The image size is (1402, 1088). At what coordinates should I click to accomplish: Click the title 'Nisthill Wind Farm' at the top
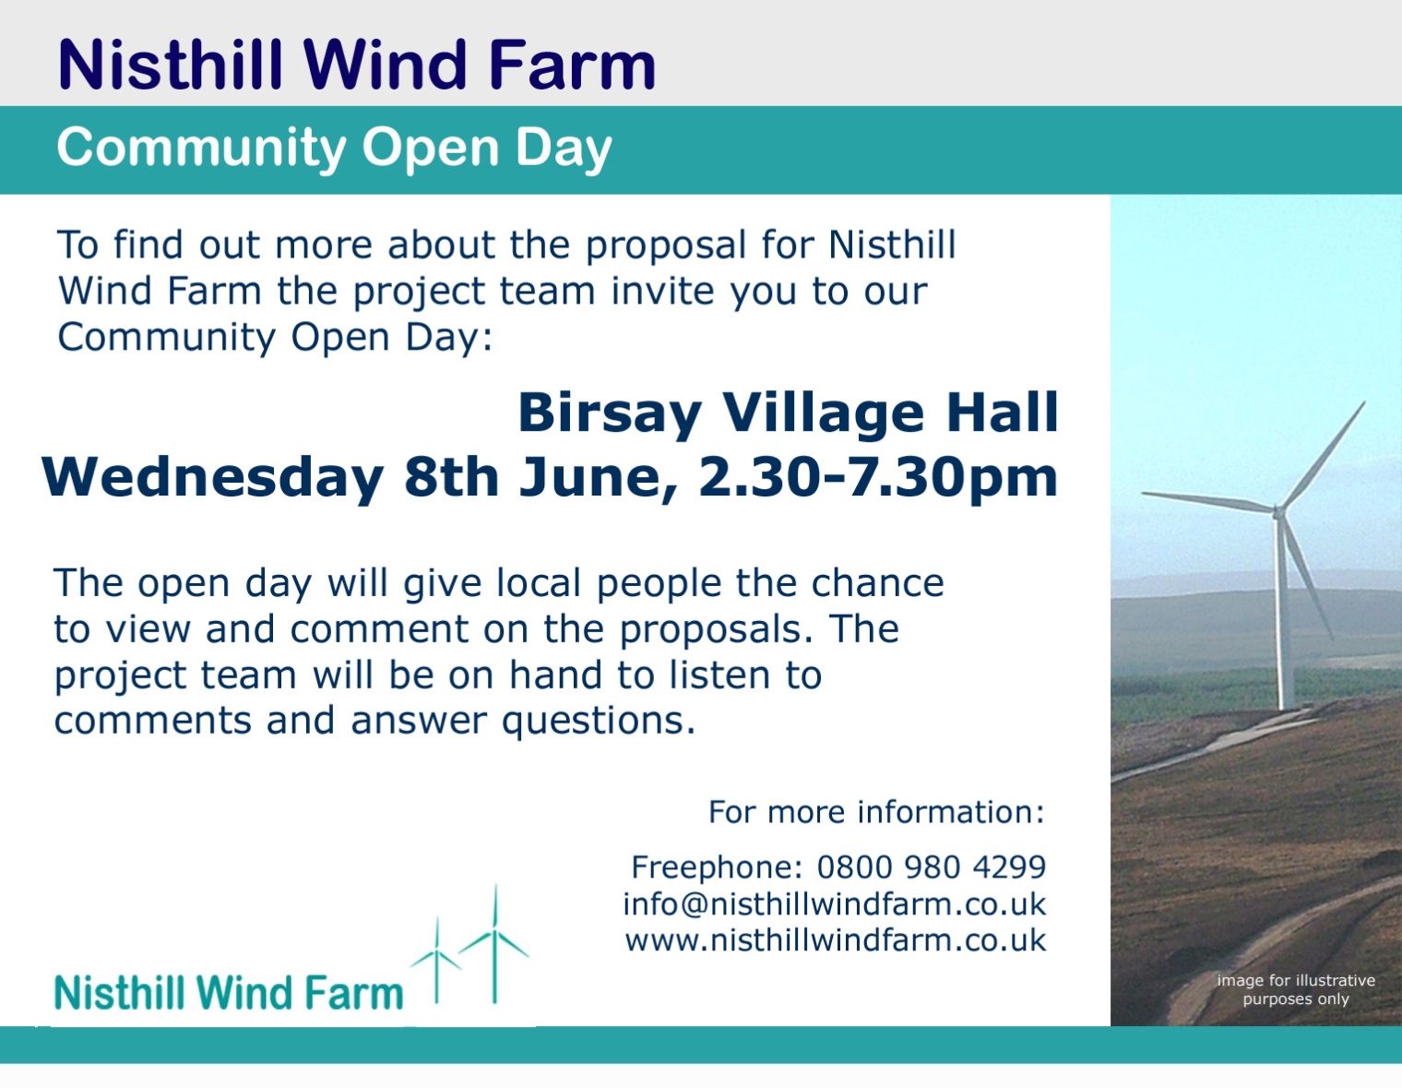click(357, 65)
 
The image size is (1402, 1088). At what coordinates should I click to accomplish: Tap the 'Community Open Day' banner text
click(334, 149)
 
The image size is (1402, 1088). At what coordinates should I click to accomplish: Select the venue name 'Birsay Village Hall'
click(788, 413)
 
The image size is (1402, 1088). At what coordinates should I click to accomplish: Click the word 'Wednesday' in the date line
click(212, 477)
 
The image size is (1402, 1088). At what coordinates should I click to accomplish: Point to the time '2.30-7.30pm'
click(877, 477)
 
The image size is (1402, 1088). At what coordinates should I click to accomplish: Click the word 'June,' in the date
click(598, 477)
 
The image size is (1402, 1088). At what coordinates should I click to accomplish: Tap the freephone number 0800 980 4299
click(931, 867)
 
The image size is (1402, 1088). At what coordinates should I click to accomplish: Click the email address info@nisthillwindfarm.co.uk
click(834, 904)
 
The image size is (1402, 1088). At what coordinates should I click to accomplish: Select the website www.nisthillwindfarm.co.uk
click(836, 940)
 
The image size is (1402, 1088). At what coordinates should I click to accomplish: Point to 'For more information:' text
click(876, 812)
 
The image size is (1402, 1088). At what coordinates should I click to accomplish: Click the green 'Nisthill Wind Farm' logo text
click(229, 993)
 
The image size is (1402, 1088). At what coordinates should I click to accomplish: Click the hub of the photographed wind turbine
click(1278, 512)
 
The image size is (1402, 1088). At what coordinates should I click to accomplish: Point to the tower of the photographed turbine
click(1283, 613)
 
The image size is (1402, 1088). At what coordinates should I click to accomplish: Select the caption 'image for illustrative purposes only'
click(1296, 990)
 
